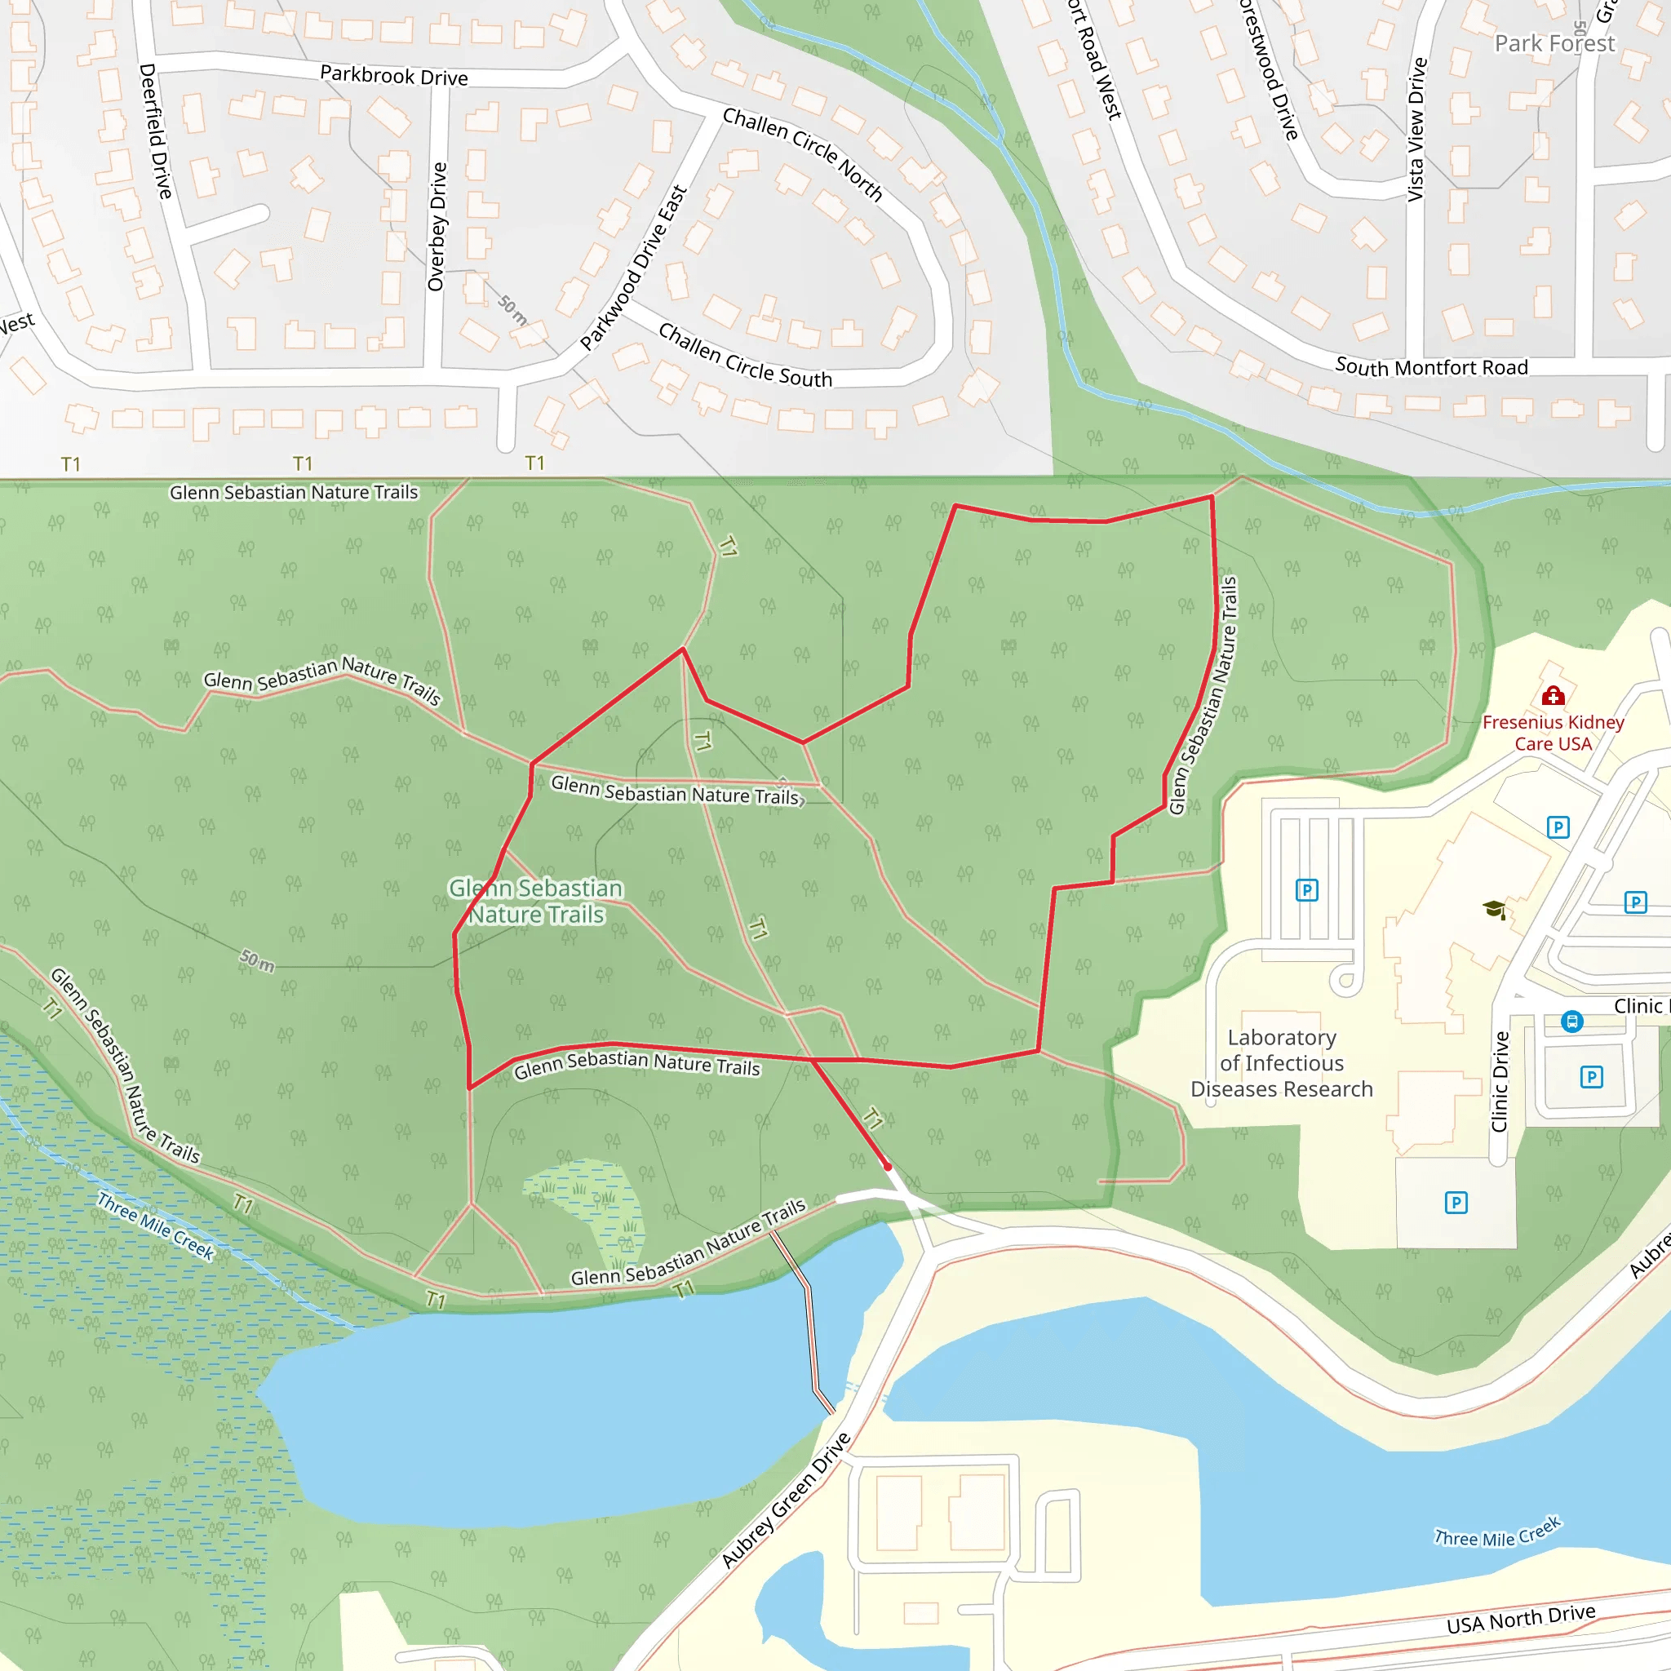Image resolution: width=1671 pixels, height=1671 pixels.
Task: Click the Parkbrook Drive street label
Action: pos(393,76)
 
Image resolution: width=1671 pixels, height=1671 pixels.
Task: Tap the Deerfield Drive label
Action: pos(156,131)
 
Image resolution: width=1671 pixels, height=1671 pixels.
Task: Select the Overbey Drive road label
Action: pos(437,227)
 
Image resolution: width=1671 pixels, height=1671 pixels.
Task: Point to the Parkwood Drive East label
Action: pos(634,268)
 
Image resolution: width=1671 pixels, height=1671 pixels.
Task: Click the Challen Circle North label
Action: pos(802,154)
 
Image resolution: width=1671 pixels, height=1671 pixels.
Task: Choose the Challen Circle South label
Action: pos(745,356)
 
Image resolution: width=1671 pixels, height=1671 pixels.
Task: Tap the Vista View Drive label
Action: pos(1416,130)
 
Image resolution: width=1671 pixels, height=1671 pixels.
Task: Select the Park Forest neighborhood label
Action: pos(1554,43)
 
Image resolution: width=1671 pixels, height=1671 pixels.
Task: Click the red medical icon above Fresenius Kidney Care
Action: pos(1553,695)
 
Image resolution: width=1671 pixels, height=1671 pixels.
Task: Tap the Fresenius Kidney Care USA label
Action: pos(1553,733)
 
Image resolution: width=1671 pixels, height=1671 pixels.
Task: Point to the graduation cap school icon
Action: pos(1494,909)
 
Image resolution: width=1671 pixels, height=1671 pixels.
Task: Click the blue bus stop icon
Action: pos(1571,1022)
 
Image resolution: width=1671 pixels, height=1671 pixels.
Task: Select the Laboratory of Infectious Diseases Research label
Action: pos(1281,1063)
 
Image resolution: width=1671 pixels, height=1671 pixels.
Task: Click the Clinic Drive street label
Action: pos(1500,1081)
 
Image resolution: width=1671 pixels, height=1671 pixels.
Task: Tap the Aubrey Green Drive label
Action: pos(787,1500)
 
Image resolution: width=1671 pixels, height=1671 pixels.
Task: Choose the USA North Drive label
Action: pos(1521,1617)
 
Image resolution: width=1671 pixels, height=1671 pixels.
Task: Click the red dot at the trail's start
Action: pos(888,1167)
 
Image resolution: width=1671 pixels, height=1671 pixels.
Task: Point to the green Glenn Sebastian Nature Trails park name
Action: pos(536,902)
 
